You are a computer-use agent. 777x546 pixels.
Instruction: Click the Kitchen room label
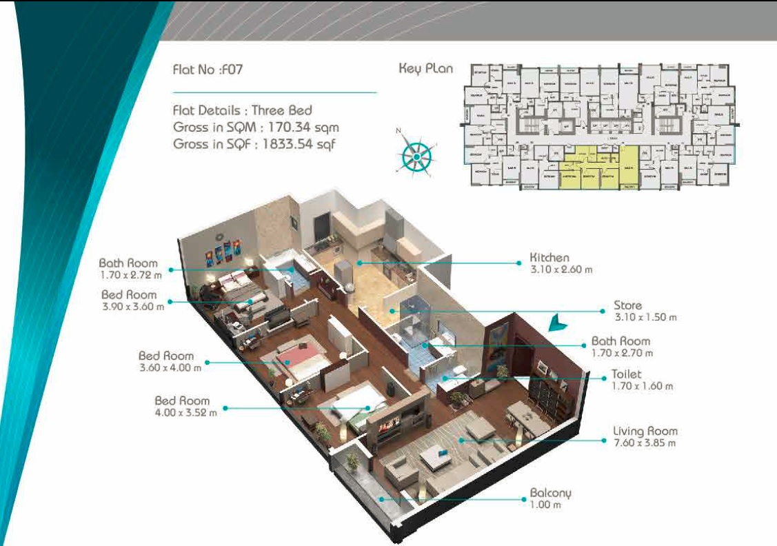pyautogui.click(x=549, y=258)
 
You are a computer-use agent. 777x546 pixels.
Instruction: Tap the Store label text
pyautogui.click(x=627, y=305)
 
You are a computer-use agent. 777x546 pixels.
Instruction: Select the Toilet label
pyautogui.click(x=626, y=374)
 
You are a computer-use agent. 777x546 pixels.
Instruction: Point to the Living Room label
pyautogui.click(x=645, y=432)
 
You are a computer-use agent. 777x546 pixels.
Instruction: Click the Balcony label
pyautogui.click(x=550, y=493)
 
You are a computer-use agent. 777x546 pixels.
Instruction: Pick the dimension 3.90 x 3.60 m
pyautogui.click(x=132, y=307)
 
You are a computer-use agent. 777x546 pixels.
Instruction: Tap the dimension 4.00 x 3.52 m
pyautogui.click(x=185, y=412)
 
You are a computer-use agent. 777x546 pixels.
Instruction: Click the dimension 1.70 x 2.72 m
pyautogui.click(x=130, y=275)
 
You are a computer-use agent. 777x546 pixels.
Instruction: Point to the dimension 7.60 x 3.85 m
pyautogui.click(x=645, y=443)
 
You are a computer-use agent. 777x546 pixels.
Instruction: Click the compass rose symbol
pyautogui.click(x=416, y=156)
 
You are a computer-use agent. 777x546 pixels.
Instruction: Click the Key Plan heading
pyautogui.click(x=426, y=68)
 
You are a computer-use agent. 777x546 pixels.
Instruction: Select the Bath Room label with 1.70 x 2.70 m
pyautogui.click(x=620, y=341)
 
